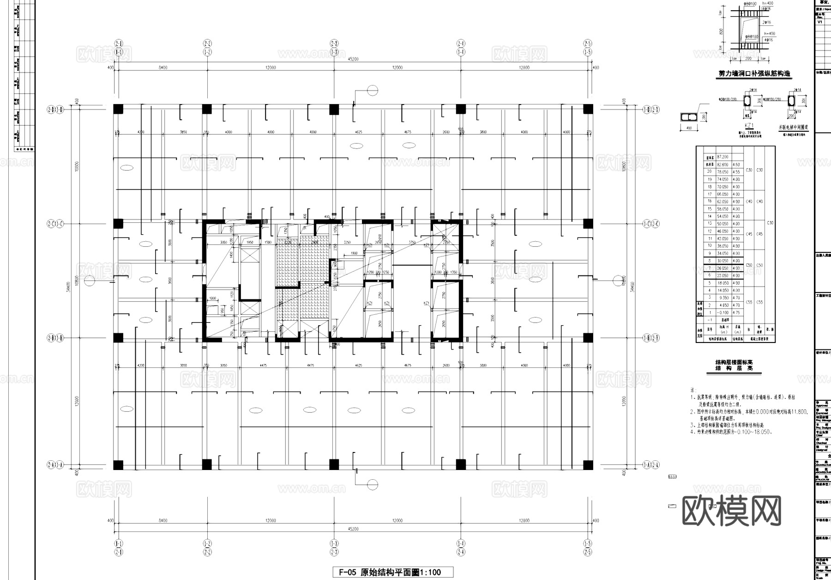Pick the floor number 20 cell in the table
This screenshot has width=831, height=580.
(x=710, y=171)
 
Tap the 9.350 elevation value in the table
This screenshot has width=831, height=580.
(x=723, y=298)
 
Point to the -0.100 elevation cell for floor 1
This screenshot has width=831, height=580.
(x=723, y=312)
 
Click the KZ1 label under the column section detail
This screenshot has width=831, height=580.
(x=749, y=125)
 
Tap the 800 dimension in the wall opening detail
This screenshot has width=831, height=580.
(x=721, y=31)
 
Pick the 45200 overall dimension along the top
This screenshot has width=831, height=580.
(x=353, y=59)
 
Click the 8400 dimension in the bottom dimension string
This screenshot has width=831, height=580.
(x=163, y=521)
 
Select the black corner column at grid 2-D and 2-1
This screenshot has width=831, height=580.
(x=118, y=110)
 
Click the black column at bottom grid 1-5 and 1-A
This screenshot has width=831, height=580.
(x=588, y=464)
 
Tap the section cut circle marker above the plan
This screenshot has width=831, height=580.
(x=372, y=91)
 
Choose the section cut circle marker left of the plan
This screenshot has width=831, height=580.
(x=90, y=280)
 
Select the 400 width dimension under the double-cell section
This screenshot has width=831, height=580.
(x=689, y=128)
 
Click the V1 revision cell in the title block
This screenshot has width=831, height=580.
(x=820, y=22)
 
